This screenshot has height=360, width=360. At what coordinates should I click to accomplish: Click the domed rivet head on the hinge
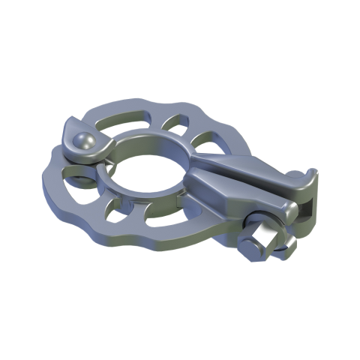83,139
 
